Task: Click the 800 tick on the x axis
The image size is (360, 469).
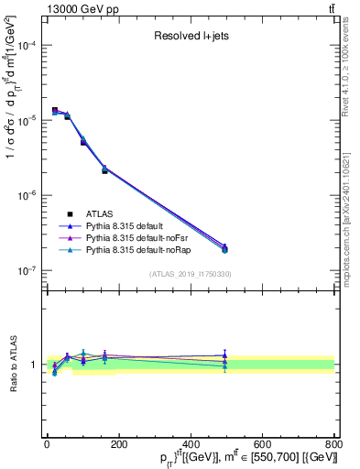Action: pyautogui.click(x=334, y=443)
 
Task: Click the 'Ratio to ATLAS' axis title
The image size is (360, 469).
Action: pyautogui.click(x=12, y=364)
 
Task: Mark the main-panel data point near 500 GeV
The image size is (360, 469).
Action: pyautogui.click(x=224, y=248)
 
